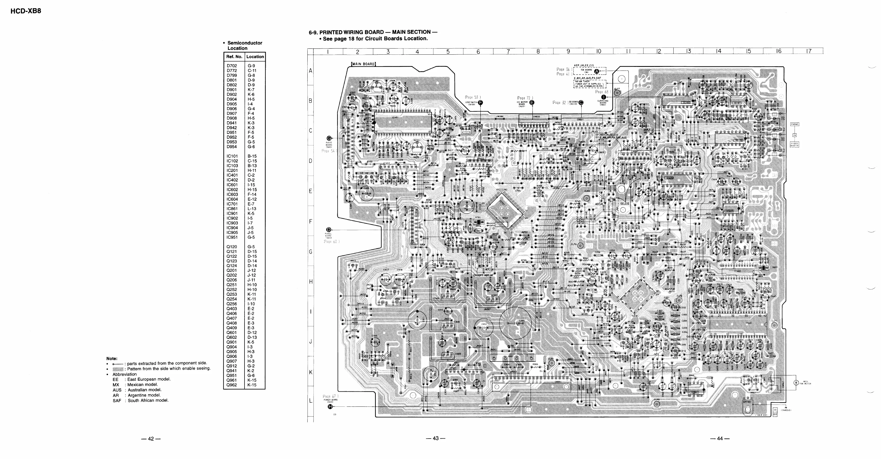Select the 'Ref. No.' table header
(234, 57)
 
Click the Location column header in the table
(255, 57)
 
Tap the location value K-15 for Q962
(252, 385)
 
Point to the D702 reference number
(232, 66)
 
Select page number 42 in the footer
(150, 439)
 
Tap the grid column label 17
(809, 51)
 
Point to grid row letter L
(311, 401)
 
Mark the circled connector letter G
(329, 138)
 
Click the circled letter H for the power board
(330, 406)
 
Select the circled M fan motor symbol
(796, 382)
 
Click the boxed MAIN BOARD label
(363, 64)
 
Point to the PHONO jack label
(795, 124)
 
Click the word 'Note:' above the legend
(112, 358)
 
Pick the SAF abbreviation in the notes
(117, 401)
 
